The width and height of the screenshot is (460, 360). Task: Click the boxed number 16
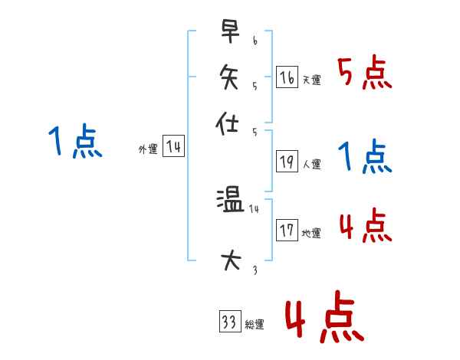coord(287,77)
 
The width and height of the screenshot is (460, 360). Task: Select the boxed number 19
coord(287,162)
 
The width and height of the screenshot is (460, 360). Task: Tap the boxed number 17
coord(287,231)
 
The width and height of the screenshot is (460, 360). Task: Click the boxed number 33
coord(229,322)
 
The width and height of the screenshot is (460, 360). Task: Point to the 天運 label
coord(312,80)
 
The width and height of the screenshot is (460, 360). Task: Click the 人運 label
coord(312,164)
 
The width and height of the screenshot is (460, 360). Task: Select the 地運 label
coord(312,233)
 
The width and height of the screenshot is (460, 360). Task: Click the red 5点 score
coord(365,74)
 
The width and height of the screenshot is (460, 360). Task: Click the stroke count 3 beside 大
coord(255,270)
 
